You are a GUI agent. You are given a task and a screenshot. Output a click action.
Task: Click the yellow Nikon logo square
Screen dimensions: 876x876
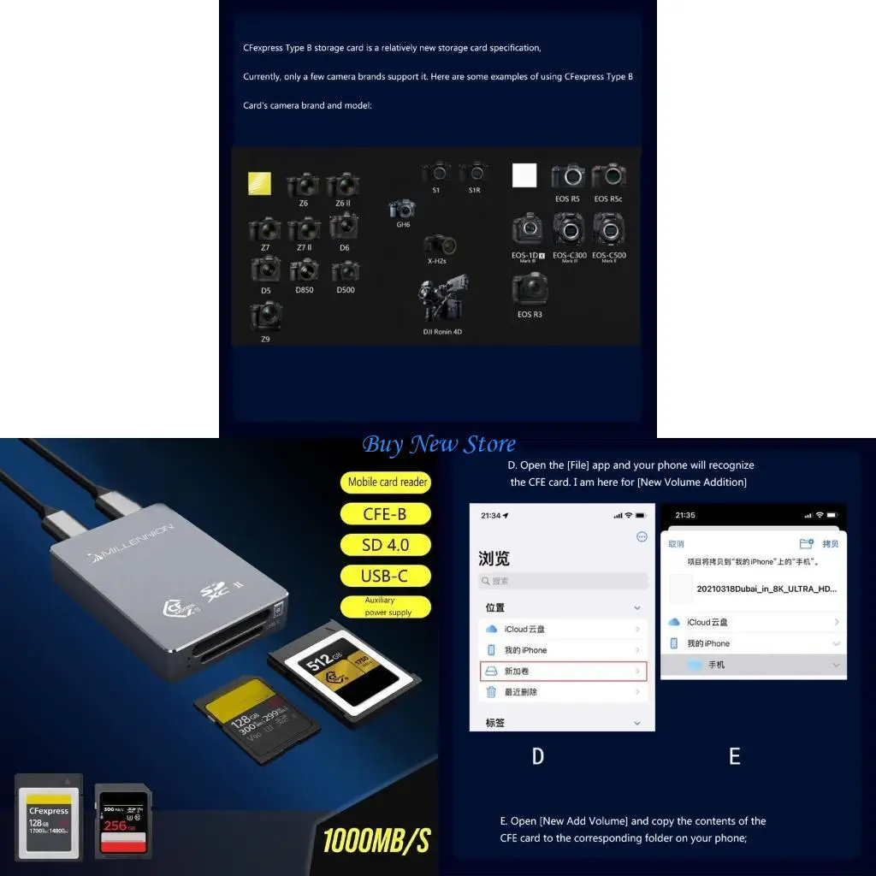tap(259, 184)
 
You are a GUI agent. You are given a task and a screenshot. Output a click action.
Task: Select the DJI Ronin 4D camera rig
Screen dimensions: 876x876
tap(443, 299)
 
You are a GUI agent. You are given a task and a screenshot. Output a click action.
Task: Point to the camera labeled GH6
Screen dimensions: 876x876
tap(402, 209)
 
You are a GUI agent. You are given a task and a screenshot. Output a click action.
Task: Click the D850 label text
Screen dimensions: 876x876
tap(305, 290)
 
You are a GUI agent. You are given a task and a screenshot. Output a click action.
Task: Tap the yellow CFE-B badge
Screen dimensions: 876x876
tap(385, 513)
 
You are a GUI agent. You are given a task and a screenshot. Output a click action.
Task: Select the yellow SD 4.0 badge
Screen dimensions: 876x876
tap(385, 544)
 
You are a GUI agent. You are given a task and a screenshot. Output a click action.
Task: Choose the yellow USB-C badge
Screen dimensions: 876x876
tap(385, 576)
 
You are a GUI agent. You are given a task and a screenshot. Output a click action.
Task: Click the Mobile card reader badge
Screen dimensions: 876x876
tap(387, 482)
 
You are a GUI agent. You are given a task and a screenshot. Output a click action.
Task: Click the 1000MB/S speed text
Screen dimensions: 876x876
tap(376, 840)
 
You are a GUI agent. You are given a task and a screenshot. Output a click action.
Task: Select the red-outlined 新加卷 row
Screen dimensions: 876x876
tap(563, 672)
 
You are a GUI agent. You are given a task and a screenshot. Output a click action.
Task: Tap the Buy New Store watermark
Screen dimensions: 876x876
tap(438, 445)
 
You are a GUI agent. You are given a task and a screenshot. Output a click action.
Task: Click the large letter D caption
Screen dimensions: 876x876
tap(537, 756)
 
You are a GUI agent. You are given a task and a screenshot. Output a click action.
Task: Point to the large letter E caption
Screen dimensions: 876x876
tap(734, 756)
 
